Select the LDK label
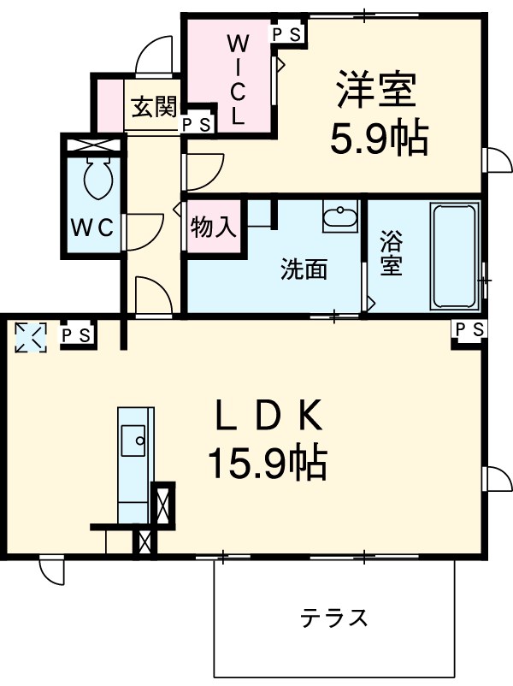pos(267,417)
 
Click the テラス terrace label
pos(334,617)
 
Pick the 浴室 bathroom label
pos(392,254)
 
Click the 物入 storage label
pos(213,228)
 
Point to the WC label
pos(91,228)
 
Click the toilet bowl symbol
pos(94,179)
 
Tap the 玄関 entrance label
pos(154,107)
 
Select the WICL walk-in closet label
pos(238,79)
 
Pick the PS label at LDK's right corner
pos(469,329)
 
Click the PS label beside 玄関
pos(196,124)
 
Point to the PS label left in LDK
pos(76,334)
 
